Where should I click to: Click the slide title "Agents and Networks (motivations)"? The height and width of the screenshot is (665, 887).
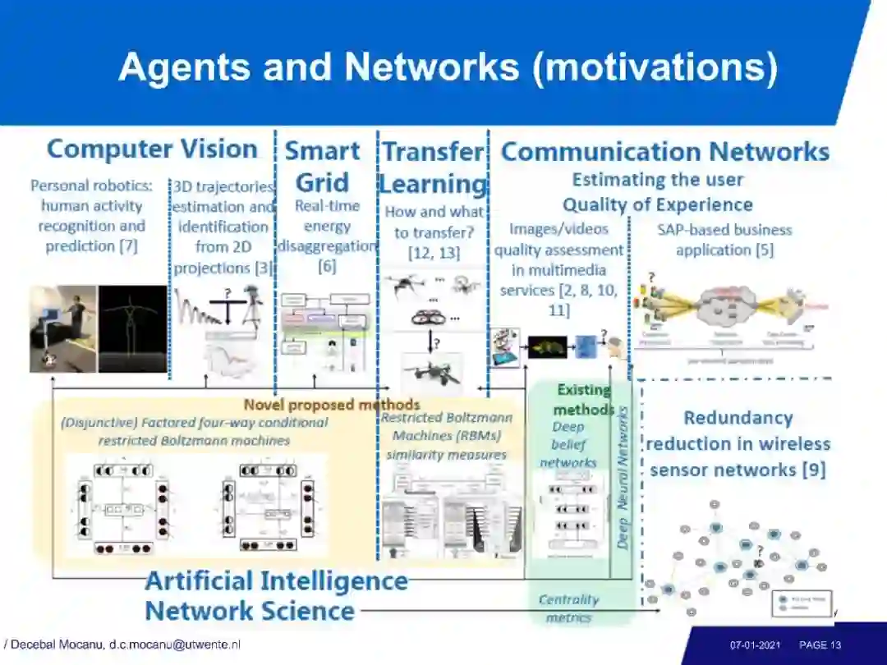(448, 66)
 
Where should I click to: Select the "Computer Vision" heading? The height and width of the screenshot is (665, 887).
(152, 149)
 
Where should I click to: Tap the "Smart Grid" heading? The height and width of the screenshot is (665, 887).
(323, 167)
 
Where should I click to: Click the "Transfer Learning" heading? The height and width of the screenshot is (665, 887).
(433, 167)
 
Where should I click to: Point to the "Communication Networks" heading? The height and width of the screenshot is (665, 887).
(664, 152)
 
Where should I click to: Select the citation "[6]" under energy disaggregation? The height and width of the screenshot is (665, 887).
(327, 266)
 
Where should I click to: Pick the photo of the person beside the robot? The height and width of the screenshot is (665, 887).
(64, 328)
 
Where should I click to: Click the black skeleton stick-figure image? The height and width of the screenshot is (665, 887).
(133, 328)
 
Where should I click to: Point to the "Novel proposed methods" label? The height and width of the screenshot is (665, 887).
(332, 404)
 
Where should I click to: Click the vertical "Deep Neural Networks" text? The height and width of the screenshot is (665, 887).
(623, 478)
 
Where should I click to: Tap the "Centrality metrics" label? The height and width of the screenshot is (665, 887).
(568, 608)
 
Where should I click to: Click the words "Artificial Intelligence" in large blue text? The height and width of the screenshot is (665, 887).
(276, 580)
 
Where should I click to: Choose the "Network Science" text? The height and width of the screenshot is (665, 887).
(250, 611)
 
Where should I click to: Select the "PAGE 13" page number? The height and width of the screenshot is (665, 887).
(820, 645)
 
